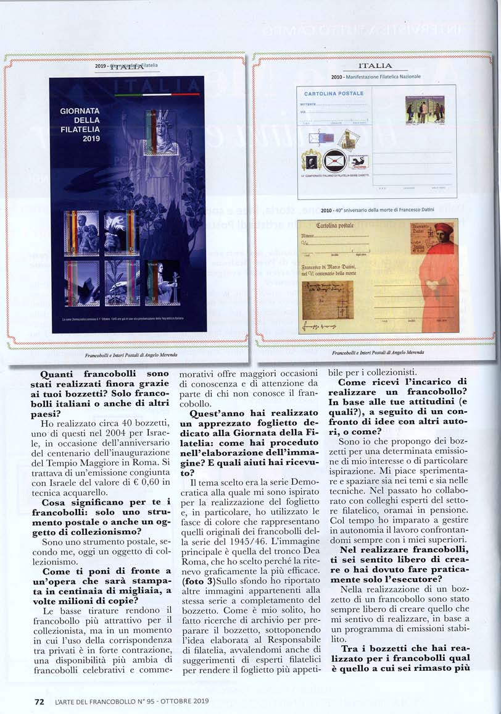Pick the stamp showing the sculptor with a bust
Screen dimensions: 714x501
tap(162, 283)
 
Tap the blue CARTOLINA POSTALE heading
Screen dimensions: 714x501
tap(334, 93)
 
